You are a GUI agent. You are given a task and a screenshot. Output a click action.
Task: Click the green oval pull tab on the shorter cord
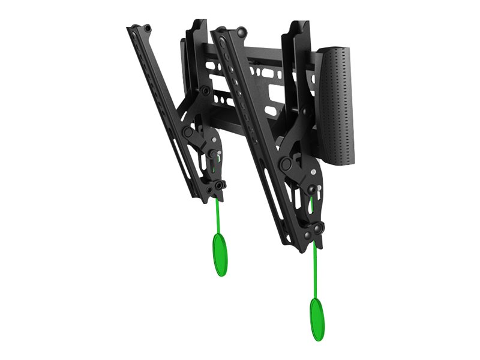tap(220, 254)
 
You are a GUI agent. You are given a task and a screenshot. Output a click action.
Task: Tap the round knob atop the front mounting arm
tap(240, 31)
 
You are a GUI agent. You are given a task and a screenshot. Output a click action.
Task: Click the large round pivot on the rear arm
tap(188, 132)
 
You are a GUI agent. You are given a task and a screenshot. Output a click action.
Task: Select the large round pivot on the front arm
tap(286, 163)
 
